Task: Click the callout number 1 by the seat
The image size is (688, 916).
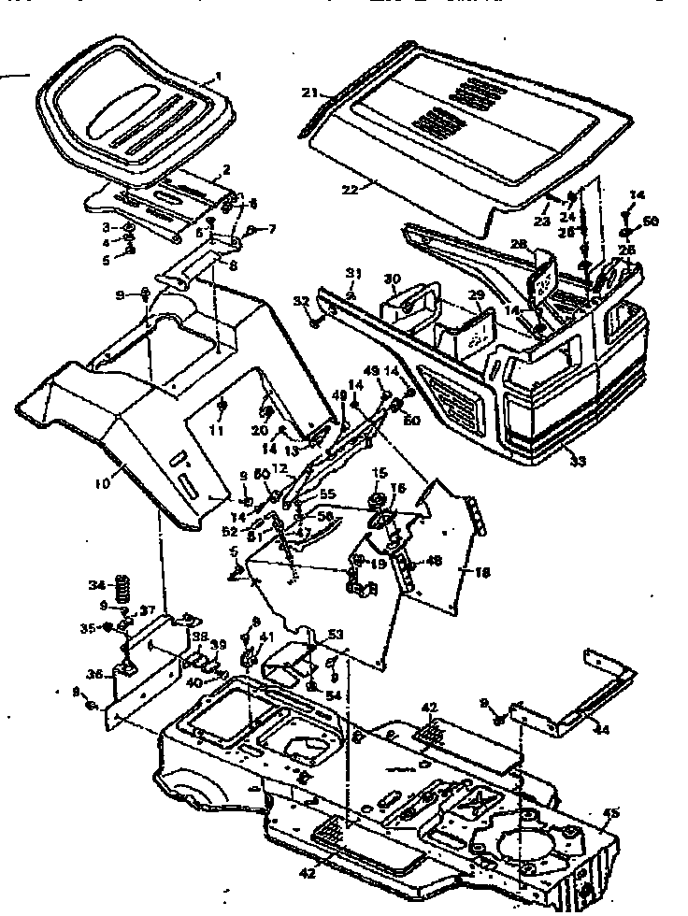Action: pos(219,78)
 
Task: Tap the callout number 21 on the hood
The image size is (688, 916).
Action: pos(308,92)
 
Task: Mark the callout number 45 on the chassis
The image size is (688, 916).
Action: pos(611,812)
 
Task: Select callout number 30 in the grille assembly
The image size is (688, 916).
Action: pos(393,278)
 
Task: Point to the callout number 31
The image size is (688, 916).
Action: pos(353,272)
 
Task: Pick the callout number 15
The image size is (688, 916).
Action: pos(379,472)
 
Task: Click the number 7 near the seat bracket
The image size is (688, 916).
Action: pos(272,228)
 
